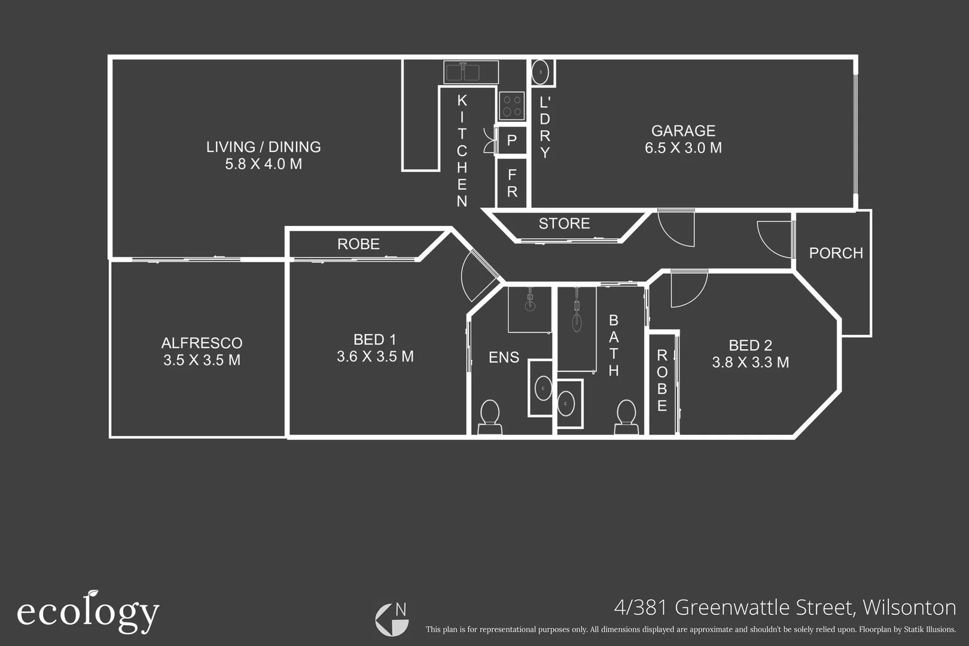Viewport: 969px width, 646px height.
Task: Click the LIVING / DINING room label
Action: (263, 147)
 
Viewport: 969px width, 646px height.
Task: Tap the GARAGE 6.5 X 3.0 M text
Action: (683, 139)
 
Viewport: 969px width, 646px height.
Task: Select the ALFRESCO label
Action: (202, 343)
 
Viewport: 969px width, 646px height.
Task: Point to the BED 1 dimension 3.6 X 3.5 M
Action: (375, 356)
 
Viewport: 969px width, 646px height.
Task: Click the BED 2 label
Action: (750, 345)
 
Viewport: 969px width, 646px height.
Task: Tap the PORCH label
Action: (836, 253)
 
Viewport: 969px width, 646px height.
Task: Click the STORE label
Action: (564, 224)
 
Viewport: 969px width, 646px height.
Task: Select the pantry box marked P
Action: (512, 141)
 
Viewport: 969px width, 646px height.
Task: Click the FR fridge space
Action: (512, 183)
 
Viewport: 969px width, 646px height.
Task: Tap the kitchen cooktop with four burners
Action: (511, 106)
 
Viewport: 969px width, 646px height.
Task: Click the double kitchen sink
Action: (471, 72)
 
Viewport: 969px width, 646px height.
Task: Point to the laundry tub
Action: (541, 72)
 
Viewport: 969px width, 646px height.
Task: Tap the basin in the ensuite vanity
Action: (543, 388)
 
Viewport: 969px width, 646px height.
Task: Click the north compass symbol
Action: (392, 619)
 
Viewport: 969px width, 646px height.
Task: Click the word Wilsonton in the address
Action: (909, 608)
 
